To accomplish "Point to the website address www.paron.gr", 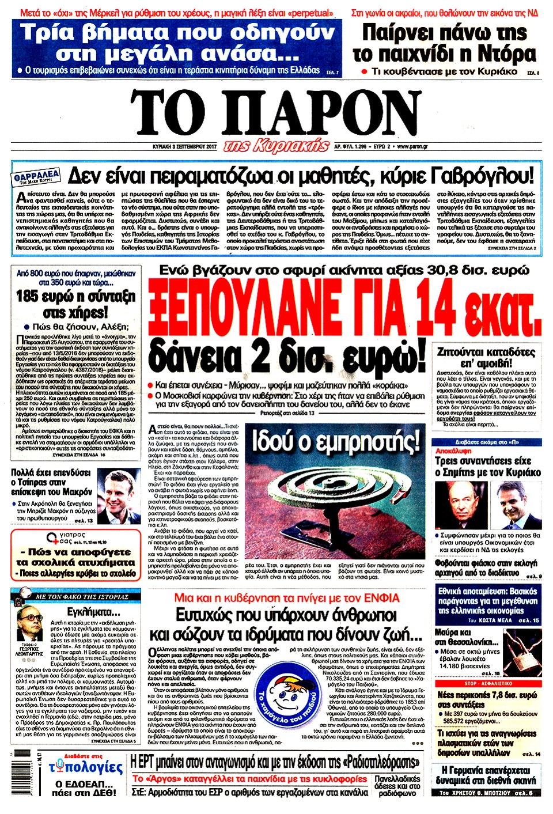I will [412, 146].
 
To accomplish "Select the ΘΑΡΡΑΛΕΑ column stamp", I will [37, 176].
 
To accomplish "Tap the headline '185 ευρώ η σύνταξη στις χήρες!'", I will [75, 304].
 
